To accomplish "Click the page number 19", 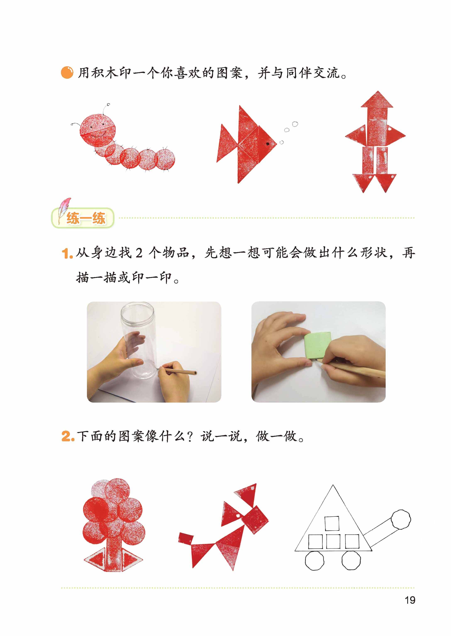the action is (410, 600).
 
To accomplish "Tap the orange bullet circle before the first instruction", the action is (67, 73).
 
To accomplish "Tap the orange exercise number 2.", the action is (68, 436).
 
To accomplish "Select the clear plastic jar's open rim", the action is (137, 313).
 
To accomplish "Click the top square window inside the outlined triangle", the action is (332, 523).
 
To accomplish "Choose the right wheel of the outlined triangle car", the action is (351, 561).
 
